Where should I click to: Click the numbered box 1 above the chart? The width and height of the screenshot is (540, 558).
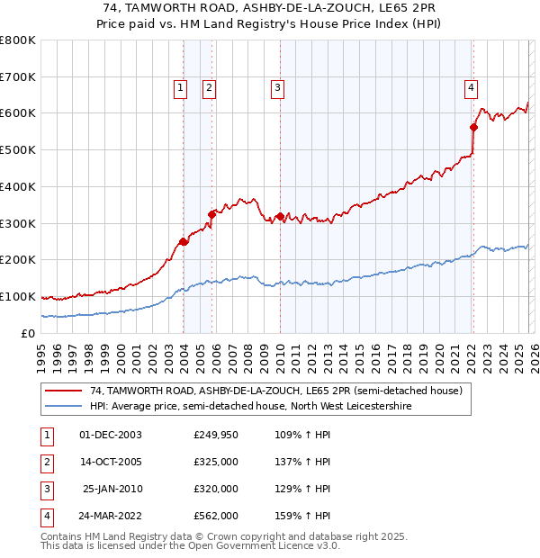point(181,87)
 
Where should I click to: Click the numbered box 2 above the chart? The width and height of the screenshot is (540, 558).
point(209,87)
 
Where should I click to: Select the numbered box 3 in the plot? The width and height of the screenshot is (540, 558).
point(276,87)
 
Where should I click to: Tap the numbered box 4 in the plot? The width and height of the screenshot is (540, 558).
point(471,87)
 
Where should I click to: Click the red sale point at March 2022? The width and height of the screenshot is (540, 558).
point(474,128)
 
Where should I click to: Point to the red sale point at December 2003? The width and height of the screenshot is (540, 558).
point(184,241)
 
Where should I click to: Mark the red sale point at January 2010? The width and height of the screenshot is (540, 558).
point(280,216)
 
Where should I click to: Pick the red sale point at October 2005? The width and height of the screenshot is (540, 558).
point(212,214)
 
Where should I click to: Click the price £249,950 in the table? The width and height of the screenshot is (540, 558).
point(216,435)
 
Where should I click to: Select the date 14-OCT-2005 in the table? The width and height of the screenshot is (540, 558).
point(111,462)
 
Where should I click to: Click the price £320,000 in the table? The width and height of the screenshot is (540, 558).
point(216,489)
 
